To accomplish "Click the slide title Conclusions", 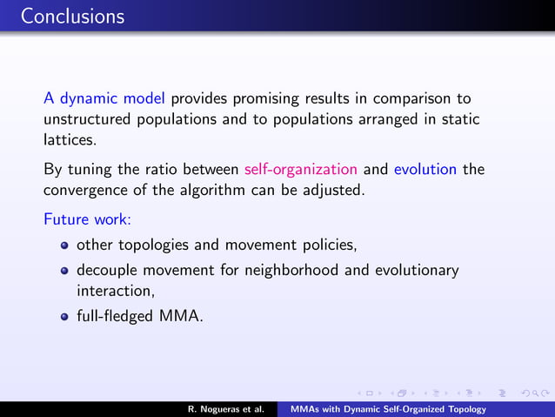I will [73, 17].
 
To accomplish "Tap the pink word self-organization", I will [301, 169].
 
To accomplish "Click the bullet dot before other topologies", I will [64, 246].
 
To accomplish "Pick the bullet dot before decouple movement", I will [64, 271].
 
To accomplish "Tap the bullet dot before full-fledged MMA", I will [64, 319].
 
